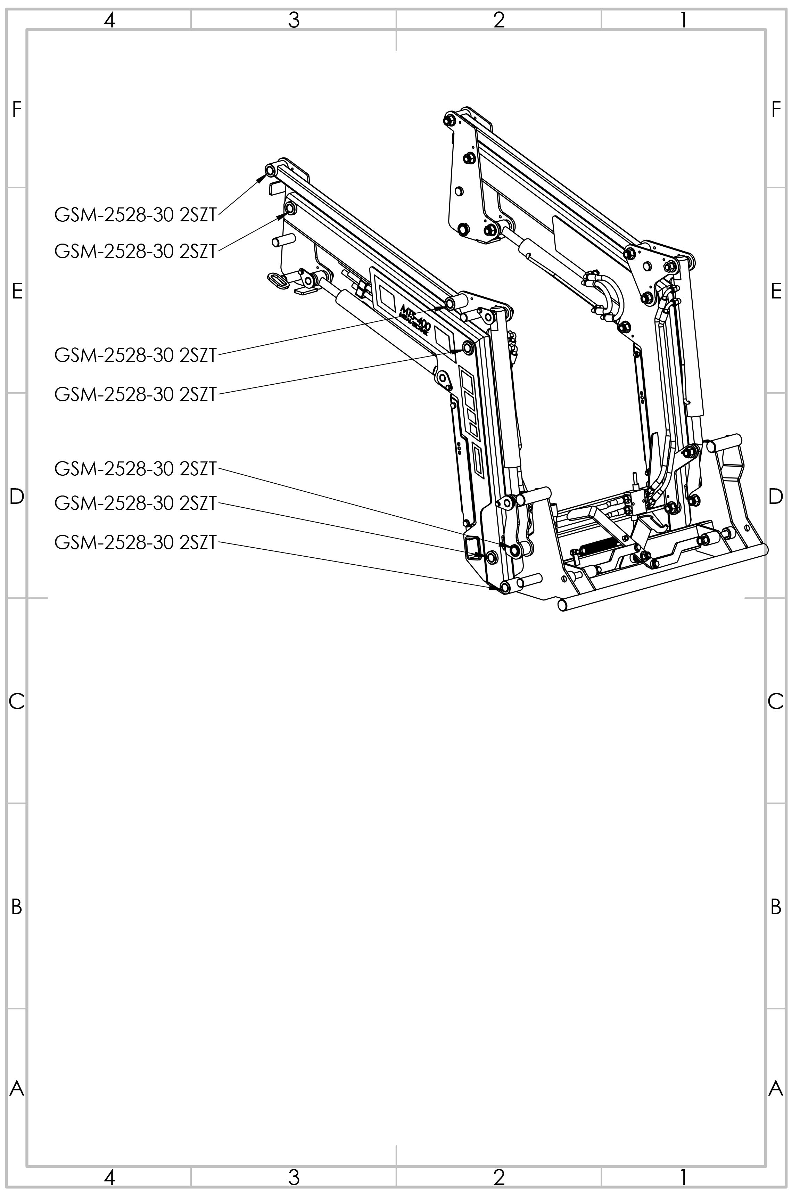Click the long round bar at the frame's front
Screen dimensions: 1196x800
[663, 576]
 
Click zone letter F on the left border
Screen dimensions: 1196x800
[16, 109]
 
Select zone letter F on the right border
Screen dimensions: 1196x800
[775, 109]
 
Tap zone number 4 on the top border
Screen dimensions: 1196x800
[109, 20]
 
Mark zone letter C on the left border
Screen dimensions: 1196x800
[16, 702]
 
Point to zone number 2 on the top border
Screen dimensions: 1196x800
[499, 20]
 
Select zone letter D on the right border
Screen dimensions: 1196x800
[775, 496]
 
